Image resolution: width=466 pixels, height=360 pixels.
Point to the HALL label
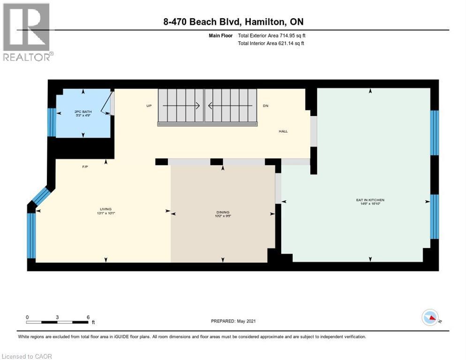(283, 131)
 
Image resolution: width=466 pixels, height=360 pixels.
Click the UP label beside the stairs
(149, 106)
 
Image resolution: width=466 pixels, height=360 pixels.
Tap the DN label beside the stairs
(265, 106)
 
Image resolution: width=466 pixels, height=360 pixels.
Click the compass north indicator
(430, 318)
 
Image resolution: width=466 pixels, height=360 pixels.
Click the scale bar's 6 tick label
(88, 317)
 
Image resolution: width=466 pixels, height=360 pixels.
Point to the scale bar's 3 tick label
(57, 317)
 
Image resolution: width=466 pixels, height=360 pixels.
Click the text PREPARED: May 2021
(233, 321)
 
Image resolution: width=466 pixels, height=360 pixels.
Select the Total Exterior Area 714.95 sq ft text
(272, 36)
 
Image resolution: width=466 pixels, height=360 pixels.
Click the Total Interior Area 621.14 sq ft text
(271, 44)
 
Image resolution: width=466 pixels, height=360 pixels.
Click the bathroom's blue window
(52, 121)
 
